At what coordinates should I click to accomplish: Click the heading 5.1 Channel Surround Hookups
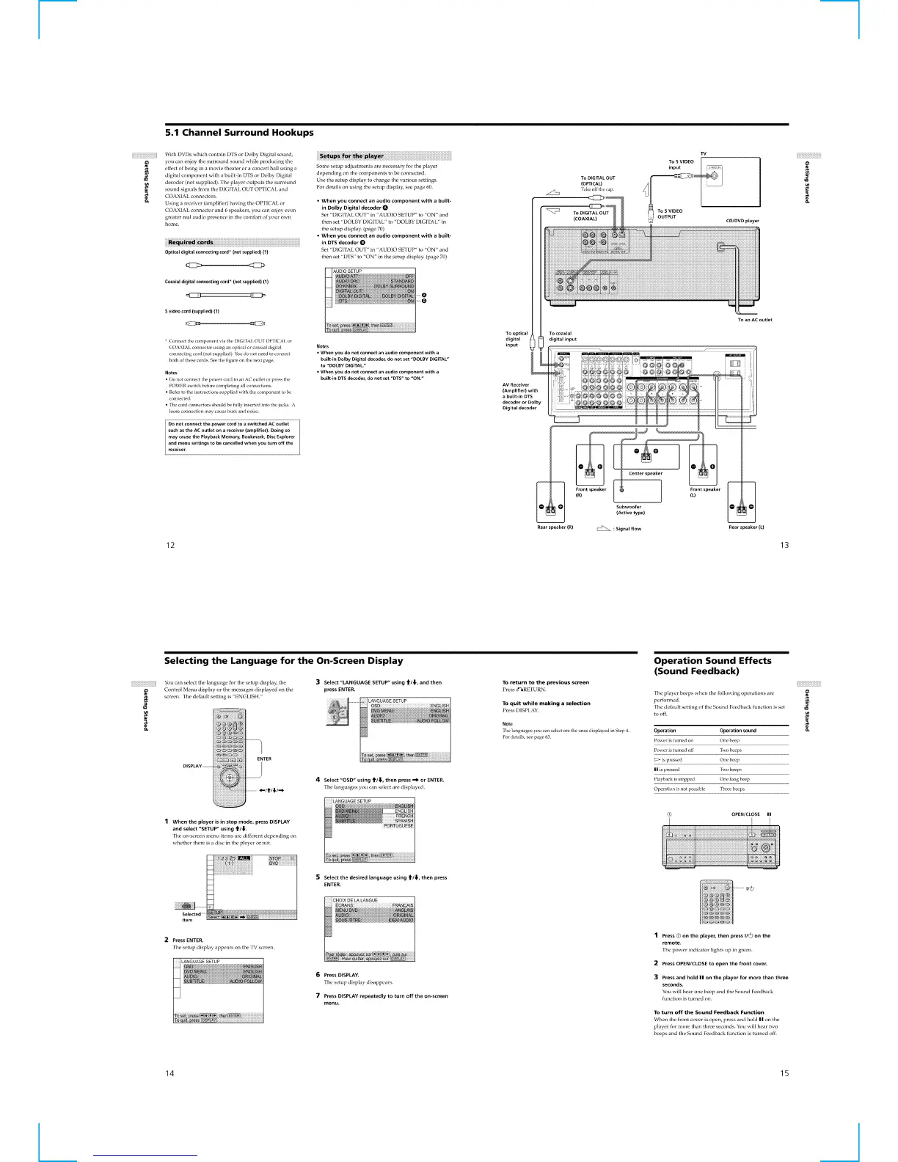tap(239, 133)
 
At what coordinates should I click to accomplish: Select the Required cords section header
tap(190, 242)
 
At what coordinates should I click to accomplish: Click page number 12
tap(170, 544)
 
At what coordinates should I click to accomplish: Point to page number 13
tap(784, 544)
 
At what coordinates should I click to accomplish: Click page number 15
tap(784, 1073)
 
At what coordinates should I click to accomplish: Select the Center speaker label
tap(646, 473)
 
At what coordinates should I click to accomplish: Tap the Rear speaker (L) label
tap(746, 527)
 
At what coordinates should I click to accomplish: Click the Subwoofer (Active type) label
tap(629, 510)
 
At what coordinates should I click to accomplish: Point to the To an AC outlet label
tap(755, 320)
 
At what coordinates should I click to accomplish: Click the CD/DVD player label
tap(742, 220)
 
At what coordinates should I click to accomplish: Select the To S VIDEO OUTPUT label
tap(670, 213)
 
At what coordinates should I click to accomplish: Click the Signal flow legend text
tap(628, 529)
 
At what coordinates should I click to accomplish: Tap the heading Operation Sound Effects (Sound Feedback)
tap(712, 665)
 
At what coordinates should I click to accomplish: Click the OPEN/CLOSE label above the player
tap(745, 814)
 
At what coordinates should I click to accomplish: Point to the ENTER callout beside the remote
tap(264, 759)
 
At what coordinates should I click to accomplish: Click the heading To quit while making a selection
tap(546, 704)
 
